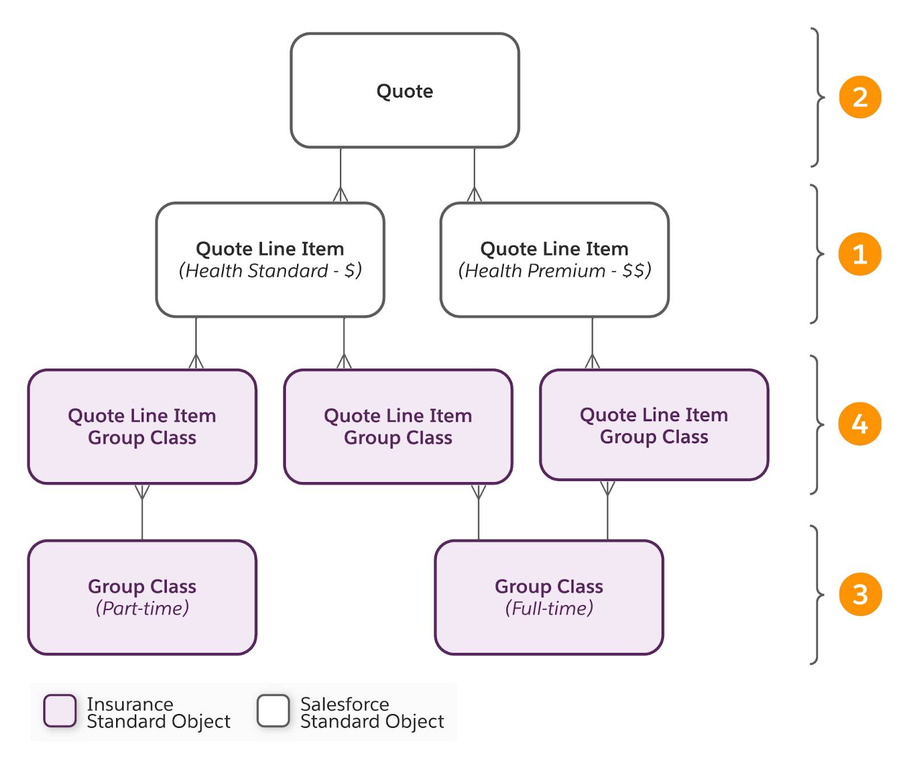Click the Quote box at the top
point(405,91)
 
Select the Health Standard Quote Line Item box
point(270,260)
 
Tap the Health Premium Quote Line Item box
point(554,260)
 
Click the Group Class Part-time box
point(142,597)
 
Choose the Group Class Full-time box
point(549,597)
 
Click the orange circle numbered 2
point(860,97)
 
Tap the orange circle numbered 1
point(860,254)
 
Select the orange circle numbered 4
point(860,424)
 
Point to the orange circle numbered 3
point(860,594)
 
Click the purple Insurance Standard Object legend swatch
point(60,711)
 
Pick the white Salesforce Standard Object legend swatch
point(273,711)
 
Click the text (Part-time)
point(142,609)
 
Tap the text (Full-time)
point(549,609)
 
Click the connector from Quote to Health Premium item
point(474,175)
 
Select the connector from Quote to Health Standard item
point(340,175)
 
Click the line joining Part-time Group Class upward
point(142,512)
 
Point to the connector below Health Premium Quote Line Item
point(592,343)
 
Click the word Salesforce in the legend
point(344,704)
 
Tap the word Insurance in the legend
point(130,704)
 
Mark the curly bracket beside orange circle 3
point(818,594)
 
